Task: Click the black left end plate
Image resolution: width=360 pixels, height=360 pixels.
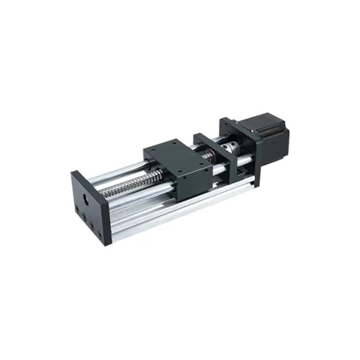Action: (x=90, y=205)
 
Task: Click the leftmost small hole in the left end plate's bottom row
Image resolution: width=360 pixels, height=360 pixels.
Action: (x=78, y=210)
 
